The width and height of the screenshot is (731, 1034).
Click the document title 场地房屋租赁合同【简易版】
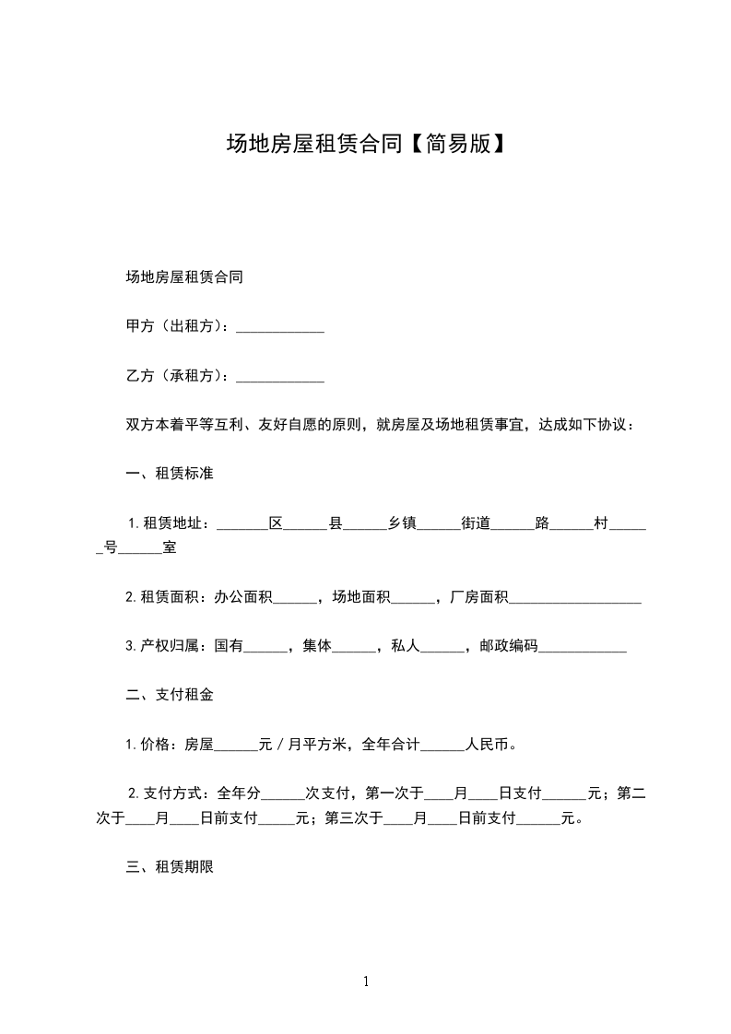[x=366, y=144]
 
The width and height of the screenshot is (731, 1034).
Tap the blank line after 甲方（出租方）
[x=280, y=327]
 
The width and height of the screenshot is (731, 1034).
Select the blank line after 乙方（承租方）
[x=280, y=377]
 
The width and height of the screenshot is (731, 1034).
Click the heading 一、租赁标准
[x=170, y=474]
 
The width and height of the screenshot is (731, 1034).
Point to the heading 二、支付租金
[x=170, y=695]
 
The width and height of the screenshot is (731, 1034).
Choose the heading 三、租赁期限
[x=170, y=866]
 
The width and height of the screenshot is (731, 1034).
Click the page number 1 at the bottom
[x=366, y=981]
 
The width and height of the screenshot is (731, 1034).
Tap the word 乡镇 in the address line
[x=402, y=523]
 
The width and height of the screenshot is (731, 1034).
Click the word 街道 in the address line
[x=476, y=523]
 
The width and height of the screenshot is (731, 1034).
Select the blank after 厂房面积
[x=575, y=598]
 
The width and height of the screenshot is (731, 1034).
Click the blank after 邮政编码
[x=583, y=647]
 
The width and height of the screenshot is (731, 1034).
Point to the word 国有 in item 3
[x=229, y=647]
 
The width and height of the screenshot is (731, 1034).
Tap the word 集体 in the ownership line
[x=317, y=647]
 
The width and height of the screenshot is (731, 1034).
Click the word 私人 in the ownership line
[x=406, y=647]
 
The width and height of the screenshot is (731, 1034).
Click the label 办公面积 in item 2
[x=243, y=598]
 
